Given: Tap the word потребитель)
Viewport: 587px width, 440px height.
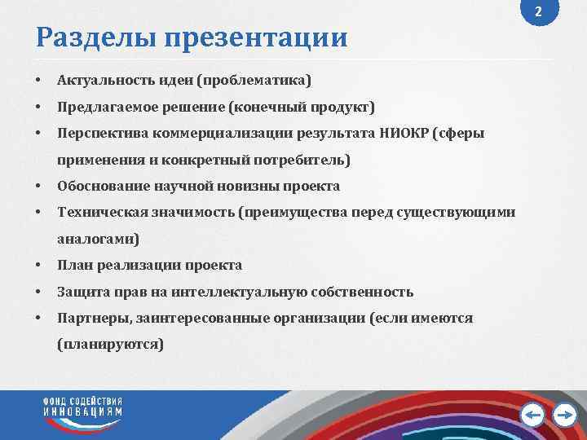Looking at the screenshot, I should (305, 159).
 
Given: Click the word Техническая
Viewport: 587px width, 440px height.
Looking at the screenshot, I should (95, 213).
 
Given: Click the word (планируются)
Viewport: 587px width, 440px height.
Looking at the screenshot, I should (110, 345).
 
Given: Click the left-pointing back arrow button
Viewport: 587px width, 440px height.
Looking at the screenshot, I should (532, 416).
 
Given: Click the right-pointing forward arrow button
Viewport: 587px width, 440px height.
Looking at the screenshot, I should (564, 416).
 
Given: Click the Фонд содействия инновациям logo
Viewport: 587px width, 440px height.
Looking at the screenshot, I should (83, 407).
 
